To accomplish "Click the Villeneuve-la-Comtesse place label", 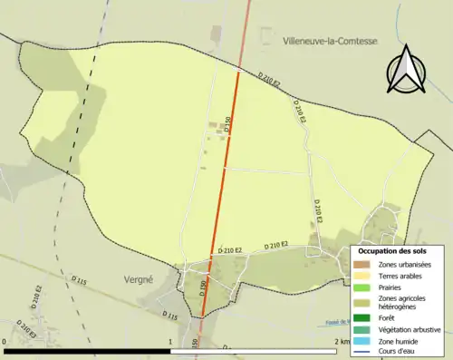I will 329,42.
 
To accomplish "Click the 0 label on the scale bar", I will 5,342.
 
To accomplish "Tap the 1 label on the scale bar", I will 170,342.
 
